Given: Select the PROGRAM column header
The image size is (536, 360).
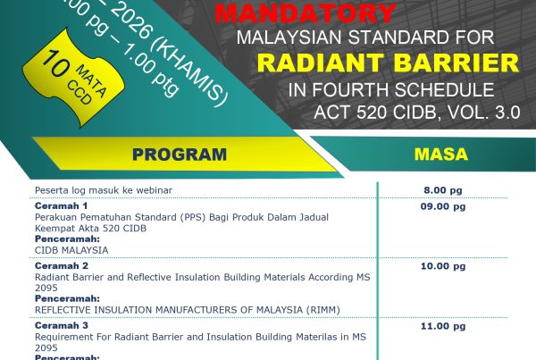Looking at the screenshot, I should [x=179, y=154].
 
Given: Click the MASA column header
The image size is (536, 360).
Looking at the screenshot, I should [x=441, y=154].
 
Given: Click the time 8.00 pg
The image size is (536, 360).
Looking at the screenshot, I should [x=444, y=190].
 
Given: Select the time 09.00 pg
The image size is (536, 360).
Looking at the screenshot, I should [x=444, y=206].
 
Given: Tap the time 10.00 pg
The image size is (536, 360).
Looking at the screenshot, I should [x=444, y=266].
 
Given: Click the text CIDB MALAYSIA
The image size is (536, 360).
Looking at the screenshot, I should [x=71, y=250].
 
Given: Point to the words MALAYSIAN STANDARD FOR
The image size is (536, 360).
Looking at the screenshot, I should [x=363, y=38].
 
